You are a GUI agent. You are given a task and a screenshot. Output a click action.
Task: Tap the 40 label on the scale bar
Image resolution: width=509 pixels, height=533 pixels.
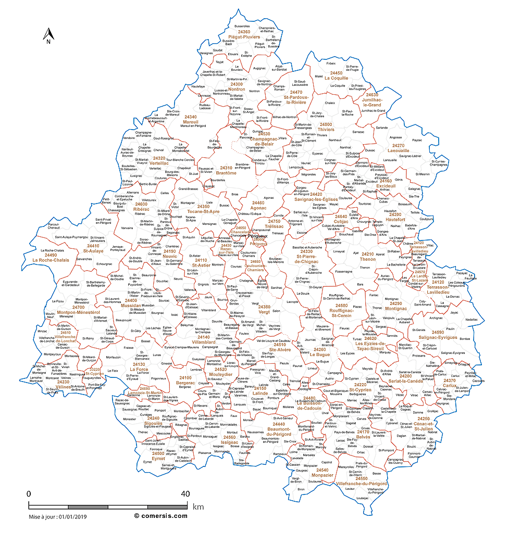pyautogui.click(x=184, y=493)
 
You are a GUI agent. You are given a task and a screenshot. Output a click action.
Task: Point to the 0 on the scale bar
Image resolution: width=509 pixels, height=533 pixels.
pyautogui.click(x=29, y=493)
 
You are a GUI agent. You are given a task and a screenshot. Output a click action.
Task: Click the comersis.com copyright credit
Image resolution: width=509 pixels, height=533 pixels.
pyautogui.click(x=160, y=516)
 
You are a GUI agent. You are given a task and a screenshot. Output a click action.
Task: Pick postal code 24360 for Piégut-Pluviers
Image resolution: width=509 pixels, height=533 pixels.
pyautogui.click(x=244, y=32)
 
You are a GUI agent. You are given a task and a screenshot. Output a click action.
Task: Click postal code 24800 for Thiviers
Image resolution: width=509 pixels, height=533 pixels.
pyautogui.click(x=326, y=124)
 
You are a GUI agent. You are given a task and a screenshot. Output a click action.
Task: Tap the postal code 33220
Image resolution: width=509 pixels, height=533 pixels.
pyautogui.click(x=94, y=369)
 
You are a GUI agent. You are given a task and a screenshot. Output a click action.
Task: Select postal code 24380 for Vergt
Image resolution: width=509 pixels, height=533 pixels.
pyautogui.click(x=264, y=307)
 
